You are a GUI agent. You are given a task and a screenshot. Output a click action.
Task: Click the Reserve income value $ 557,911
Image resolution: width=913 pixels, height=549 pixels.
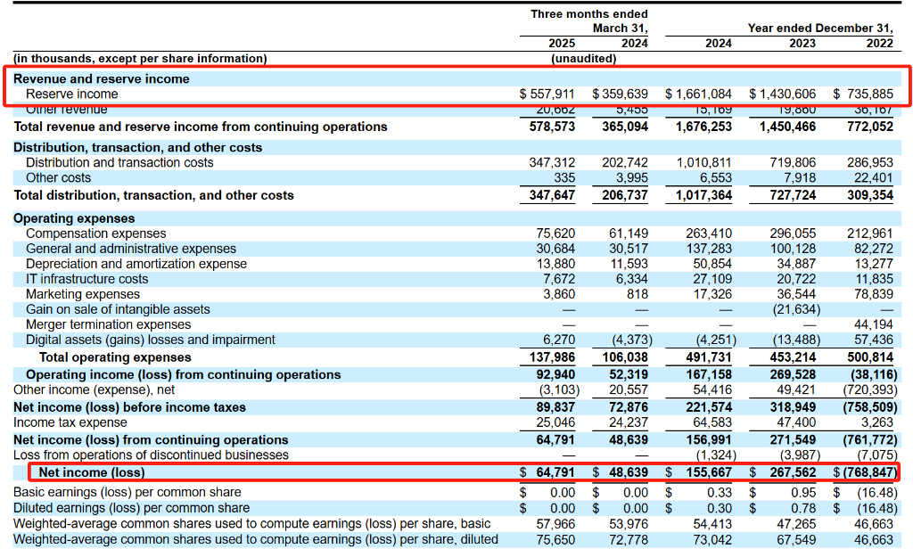click(x=547, y=94)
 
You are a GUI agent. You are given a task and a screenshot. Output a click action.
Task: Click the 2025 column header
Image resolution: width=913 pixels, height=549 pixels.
click(x=562, y=43)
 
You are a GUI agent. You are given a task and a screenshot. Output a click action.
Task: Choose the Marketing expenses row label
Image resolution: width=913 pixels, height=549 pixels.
click(x=83, y=294)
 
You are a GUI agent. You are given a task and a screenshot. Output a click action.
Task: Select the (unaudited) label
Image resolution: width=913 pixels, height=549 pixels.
click(x=584, y=59)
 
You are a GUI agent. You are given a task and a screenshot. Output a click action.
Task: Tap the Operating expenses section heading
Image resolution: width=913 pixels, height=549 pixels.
click(x=74, y=218)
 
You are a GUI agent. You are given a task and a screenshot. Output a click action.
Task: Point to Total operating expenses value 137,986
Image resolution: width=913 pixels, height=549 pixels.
click(x=553, y=357)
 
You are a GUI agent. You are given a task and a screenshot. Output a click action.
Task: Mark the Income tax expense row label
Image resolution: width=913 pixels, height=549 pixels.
click(x=70, y=422)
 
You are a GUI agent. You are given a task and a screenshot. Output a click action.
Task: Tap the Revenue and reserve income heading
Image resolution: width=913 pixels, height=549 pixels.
click(x=101, y=78)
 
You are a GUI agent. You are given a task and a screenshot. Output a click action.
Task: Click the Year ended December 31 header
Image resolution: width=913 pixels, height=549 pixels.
click(x=820, y=28)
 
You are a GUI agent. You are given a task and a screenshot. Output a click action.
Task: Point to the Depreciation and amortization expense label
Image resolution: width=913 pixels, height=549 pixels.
click(x=136, y=264)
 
